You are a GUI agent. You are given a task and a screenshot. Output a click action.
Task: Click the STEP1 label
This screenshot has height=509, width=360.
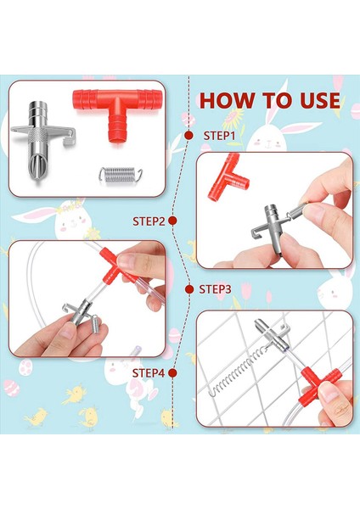point(219,136)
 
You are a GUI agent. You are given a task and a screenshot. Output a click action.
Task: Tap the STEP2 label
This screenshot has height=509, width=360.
point(149,221)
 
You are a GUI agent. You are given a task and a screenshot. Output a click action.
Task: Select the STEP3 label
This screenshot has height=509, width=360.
point(215,289)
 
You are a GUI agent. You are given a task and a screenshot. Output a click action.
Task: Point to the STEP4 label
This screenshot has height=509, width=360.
point(149,373)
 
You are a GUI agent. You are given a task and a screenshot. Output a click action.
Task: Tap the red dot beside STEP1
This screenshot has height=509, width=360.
point(188,136)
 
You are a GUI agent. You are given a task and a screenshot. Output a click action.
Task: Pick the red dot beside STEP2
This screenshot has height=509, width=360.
point(173,221)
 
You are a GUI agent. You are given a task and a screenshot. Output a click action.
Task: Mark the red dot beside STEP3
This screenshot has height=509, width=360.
point(189,289)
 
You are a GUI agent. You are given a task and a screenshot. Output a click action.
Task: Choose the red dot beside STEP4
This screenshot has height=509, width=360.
point(173,373)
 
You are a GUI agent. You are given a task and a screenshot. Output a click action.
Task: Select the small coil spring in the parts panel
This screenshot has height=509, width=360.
point(121,174)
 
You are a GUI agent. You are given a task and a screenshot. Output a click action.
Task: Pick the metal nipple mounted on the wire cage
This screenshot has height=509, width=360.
point(273,336)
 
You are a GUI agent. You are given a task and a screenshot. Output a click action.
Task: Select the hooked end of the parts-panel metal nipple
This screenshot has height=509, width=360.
point(70,137)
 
